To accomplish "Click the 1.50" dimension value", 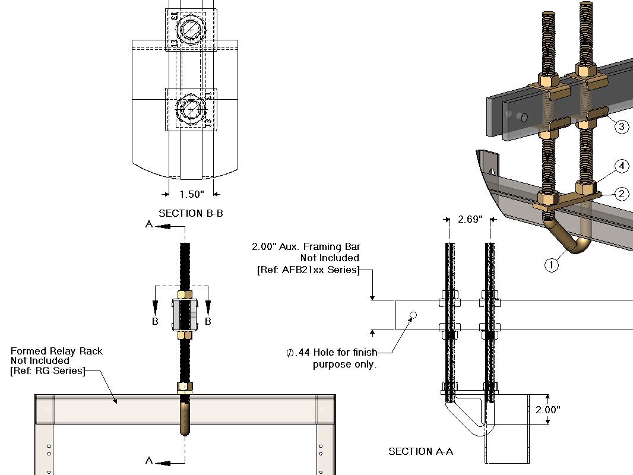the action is coord(192,195).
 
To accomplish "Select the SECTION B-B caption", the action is coord(191,213).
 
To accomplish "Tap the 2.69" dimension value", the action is coord(470,219).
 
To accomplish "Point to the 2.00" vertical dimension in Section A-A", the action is coord(548,410).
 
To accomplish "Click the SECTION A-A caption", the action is coord(420,451).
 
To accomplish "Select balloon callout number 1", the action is coord(552,265).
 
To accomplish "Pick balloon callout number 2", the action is coord(622,194).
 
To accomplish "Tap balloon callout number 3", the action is coord(622,126).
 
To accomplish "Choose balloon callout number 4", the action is coord(622,166).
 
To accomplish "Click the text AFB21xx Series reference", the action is coord(308,270).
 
